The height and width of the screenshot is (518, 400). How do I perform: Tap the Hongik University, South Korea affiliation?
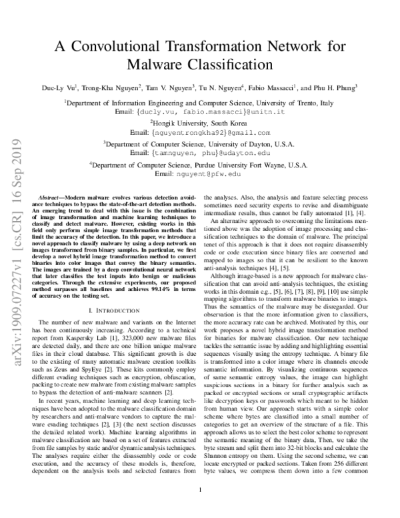(x=200, y=124)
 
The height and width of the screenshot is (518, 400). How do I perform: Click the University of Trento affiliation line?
(x=201, y=103)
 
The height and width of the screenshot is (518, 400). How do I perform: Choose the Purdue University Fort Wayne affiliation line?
(x=200, y=164)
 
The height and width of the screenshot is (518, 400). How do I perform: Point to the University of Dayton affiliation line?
(x=200, y=144)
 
